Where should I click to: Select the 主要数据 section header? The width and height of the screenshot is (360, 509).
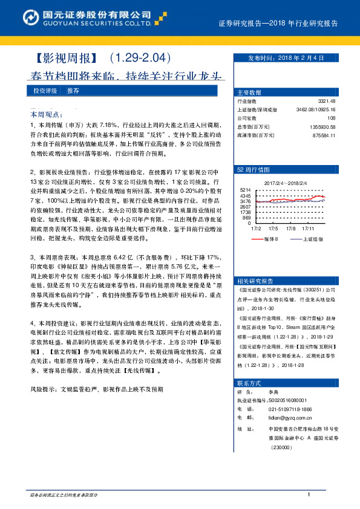click(x=249, y=93)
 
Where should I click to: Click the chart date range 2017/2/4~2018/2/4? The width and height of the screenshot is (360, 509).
click(x=286, y=182)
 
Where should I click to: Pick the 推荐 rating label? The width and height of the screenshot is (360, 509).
click(x=73, y=90)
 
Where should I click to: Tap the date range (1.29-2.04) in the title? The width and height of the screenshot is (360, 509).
click(x=140, y=59)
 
